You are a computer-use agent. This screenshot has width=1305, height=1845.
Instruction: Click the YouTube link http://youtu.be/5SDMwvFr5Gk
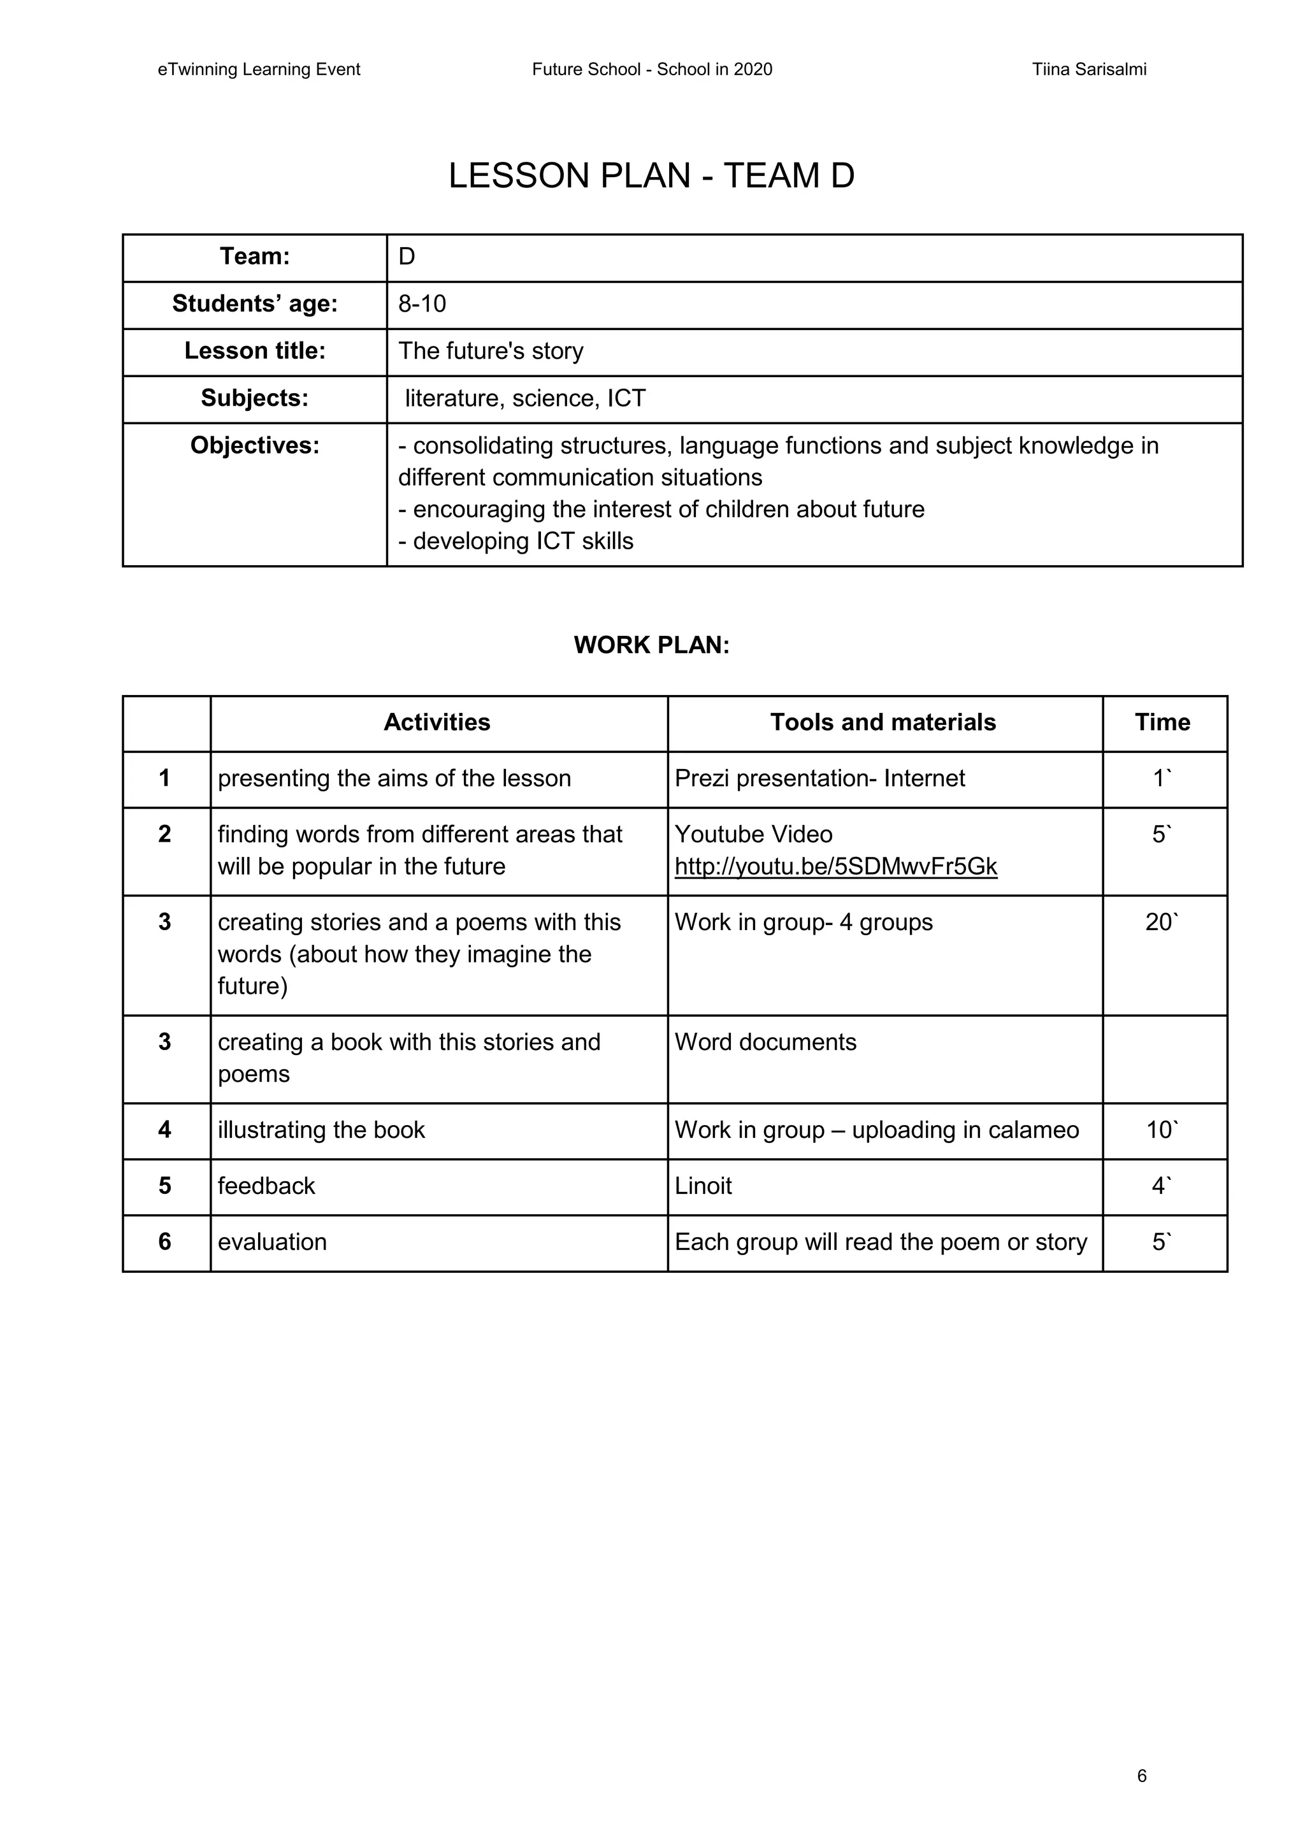click(x=836, y=866)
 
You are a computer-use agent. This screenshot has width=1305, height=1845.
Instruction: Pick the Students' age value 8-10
click(x=422, y=304)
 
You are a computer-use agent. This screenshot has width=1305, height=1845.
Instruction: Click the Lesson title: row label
click(x=255, y=351)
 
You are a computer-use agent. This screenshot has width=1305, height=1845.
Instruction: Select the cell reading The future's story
click(x=491, y=351)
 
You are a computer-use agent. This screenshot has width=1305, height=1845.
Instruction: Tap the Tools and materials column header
click(x=883, y=722)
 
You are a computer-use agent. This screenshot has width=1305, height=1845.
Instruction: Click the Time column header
click(x=1162, y=722)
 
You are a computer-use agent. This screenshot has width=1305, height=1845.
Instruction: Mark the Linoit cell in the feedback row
click(x=703, y=1186)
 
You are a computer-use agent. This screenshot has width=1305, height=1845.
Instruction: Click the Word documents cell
click(x=765, y=1042)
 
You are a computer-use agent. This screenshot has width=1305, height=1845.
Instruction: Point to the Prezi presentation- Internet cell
click(x=819, y=779)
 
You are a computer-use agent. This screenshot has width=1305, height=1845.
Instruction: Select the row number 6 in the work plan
click(x=165, y=1242)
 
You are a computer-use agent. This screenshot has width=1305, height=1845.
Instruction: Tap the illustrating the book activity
click(x=321, y=1131)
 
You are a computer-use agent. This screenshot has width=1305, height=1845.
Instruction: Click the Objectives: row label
click(x=255, y=446)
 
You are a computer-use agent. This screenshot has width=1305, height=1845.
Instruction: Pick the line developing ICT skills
click(x=516, y=542)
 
